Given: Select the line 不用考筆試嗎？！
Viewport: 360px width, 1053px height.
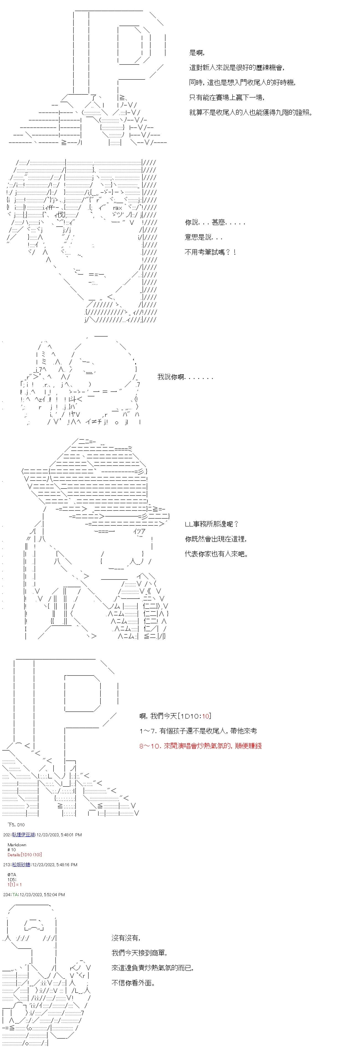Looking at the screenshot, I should click(x=210, y=252).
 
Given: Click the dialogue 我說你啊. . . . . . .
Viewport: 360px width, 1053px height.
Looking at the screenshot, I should click(x=185, y=377).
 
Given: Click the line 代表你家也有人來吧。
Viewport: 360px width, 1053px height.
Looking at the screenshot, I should click(x=216, y=554).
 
